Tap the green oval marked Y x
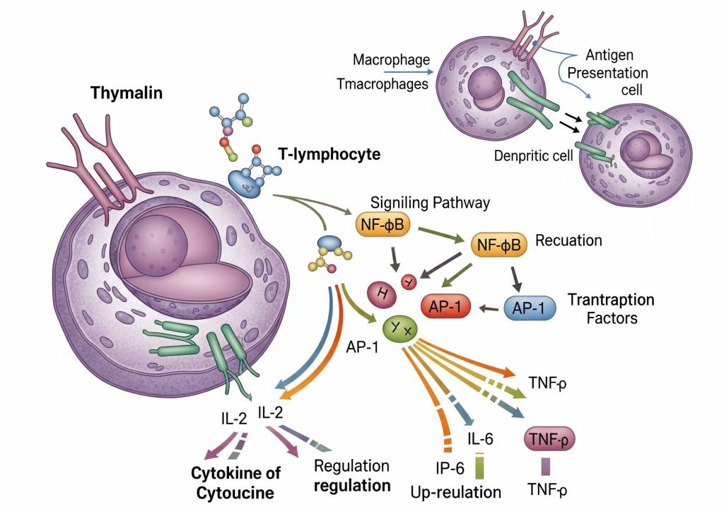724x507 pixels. coord(400,328)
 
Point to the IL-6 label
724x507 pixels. coord(479,440)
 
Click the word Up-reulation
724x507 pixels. coord(456,491)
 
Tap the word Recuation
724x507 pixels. coord(568,240)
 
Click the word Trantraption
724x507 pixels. coord(611,299)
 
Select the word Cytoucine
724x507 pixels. coord(232,491)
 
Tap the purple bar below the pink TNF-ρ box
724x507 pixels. coord(545,466)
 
